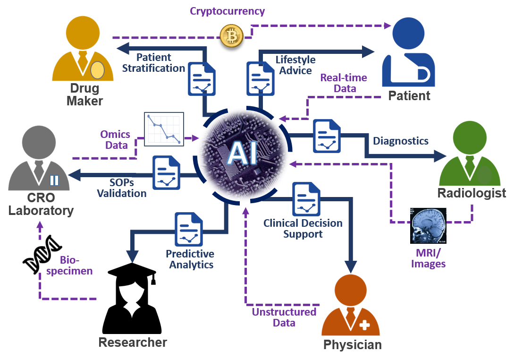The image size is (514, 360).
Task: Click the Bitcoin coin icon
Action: point(231,36)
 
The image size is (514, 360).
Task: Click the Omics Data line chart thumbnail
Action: point(163,128)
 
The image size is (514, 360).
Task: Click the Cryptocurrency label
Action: point(227,11)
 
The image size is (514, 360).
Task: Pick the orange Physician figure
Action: point(350,307)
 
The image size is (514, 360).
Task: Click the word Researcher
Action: point(133,343)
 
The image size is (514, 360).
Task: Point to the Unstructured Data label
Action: point(284,317)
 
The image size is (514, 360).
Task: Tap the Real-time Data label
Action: point(344,83)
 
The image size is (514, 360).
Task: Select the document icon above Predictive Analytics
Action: point(189,230)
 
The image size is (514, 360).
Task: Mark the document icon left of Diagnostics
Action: point(327,136)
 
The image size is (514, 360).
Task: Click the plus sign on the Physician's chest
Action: point(364,325)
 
